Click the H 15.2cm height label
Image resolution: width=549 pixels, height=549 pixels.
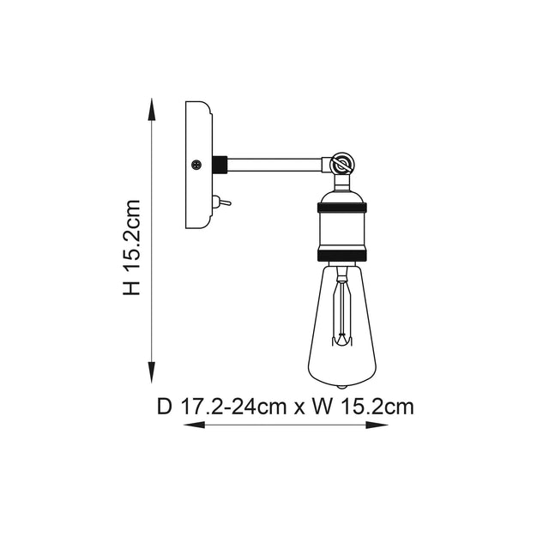click(131, 248)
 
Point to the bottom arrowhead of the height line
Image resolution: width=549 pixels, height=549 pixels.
click(153, 377)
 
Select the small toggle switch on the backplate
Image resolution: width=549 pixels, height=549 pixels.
click(217, 202)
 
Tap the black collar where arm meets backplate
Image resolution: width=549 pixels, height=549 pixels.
click(219, 161)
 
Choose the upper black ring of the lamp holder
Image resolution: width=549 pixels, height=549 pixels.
click(342, 207)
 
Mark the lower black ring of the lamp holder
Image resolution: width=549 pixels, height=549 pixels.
click(342, 255)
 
